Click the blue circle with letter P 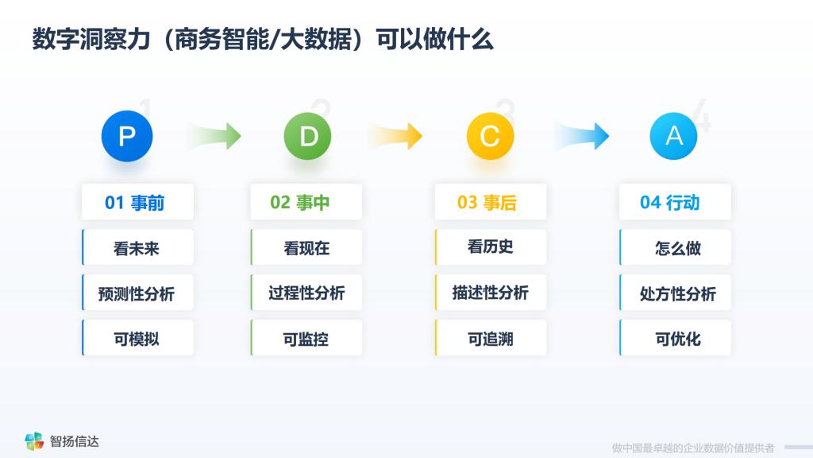pyautogui.click(x=127, y=136)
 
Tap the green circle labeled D pyautogui.click(x=307, y=136)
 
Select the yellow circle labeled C pyautogui.click(x=490, y=136)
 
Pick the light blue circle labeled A pyautogui.click(x=673, y=136)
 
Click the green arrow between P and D pyautogui.click(x=214, y=136)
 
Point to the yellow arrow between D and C pyautogui.click(x=396, y=136)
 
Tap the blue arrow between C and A pyautogui.click(x=582, y=136)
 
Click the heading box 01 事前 pyautogui.click(x=137, y=201)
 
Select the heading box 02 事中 pyautogui.click(x=306, y=201)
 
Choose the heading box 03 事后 pyautogui.click(x=491, y=201)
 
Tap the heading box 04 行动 pyautogui.click(x=675, y=201)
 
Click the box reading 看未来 pyautogui.click(x=137, y=247)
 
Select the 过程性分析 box pyautogui.click(x=306, y=293)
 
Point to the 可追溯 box pyautogui.click(x=491, y=337)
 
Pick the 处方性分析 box pyautogui.click(x=675, y=293)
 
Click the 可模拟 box pyautogui.click(x=137, y=337)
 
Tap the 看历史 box pyautogui.click(x=491, y=247)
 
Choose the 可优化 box pyautogui.click(x=675, y=337)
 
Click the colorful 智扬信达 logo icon pyautogui.click(x=34, y=441)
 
